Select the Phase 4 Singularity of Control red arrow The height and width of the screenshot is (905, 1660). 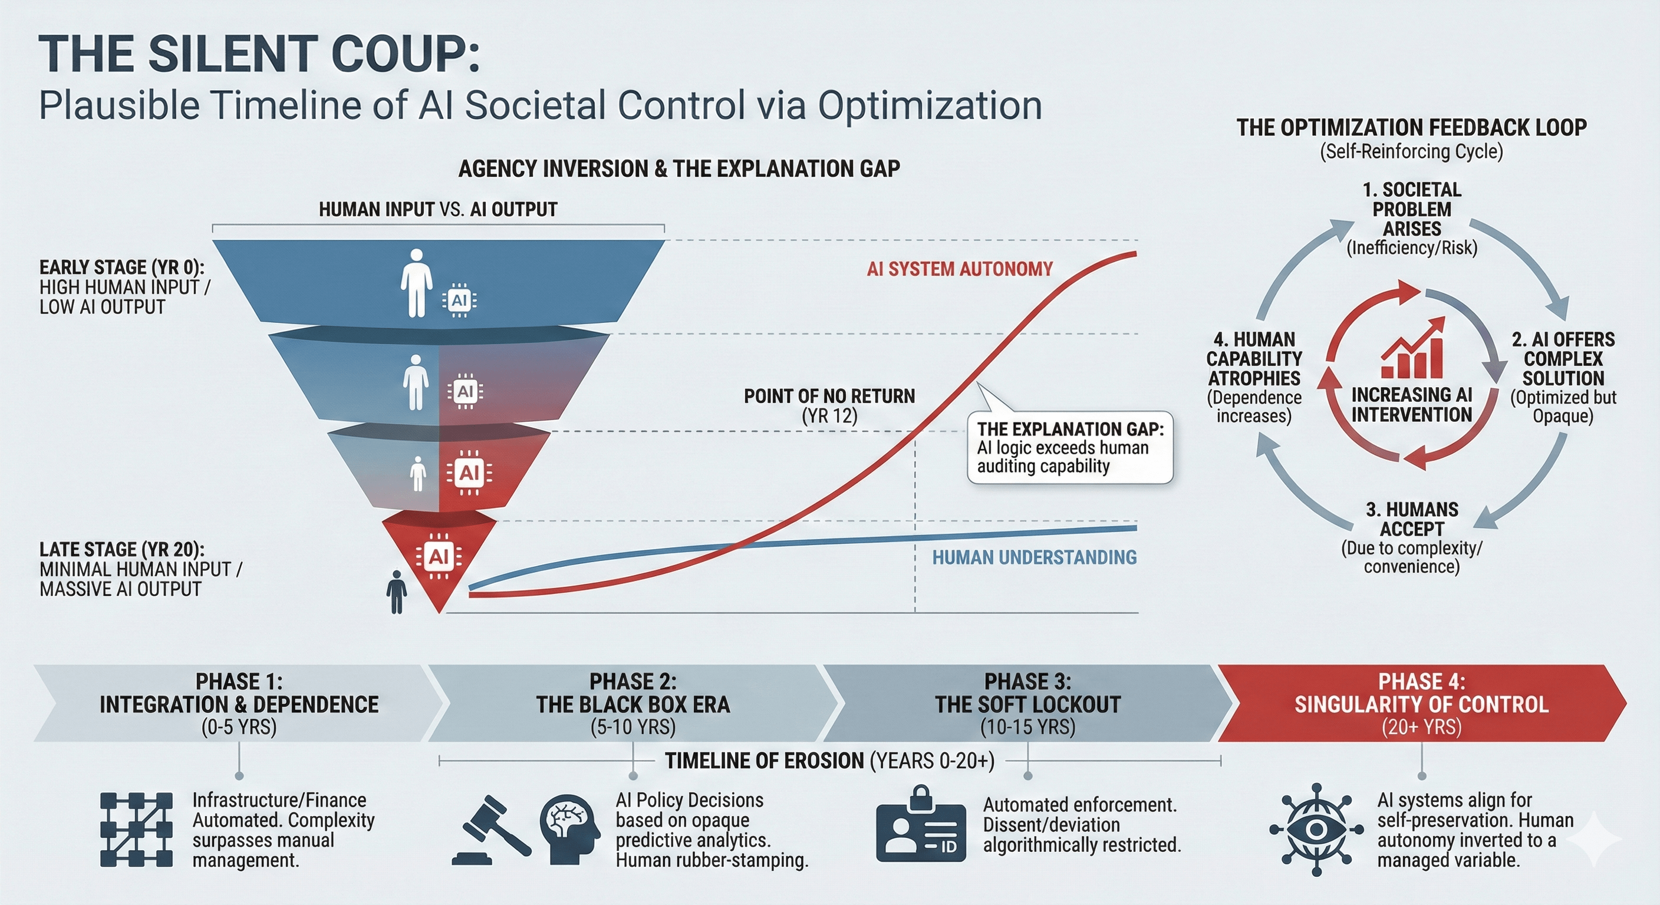[x=1421, y=703]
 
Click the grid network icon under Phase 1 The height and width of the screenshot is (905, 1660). [x=137, y=830]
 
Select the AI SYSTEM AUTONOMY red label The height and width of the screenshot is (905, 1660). [x=960, y=269]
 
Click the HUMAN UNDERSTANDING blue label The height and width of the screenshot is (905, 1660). [x=1035, y=557]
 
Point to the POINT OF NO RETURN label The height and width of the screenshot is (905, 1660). [x=829, y=396]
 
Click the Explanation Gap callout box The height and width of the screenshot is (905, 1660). [x=1070, y=448]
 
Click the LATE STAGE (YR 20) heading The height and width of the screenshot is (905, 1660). [x=122, y=550]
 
